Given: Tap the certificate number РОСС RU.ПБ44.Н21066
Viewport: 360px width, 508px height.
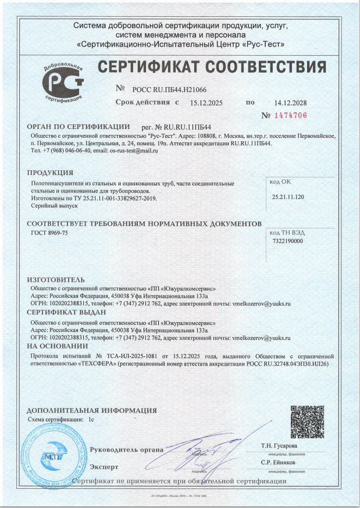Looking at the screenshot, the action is point(169,90).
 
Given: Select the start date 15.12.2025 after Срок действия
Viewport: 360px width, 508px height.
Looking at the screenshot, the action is point(206,103).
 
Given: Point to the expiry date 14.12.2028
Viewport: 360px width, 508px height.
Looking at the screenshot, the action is point(290,103).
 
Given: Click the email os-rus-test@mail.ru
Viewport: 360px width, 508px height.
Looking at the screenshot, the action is point(134,151).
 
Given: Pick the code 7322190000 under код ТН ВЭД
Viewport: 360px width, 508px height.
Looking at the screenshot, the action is point(287,241).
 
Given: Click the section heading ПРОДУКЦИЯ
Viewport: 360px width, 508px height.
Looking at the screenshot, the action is point(50,173).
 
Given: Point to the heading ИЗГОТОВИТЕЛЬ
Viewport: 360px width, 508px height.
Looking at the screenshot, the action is point(56,280).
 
